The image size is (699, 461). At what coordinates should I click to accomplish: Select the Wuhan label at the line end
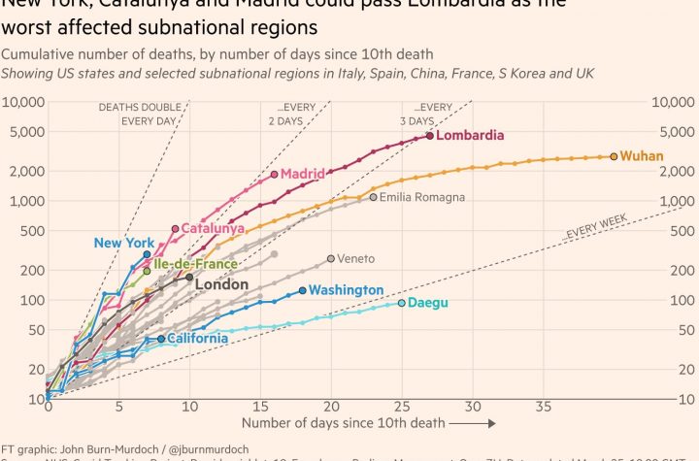click(642, 155)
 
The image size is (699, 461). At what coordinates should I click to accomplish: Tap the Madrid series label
click(302, 174)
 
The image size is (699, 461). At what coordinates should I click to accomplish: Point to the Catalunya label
click(213, 229)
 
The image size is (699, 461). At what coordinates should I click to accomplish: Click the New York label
click(124, 243)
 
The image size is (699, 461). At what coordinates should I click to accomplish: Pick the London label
click(221, 284)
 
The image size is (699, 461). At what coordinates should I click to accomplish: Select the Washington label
click(348, 290)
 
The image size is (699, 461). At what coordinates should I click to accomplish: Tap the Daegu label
click(428, 303)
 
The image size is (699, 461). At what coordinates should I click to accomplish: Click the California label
click(198, 339)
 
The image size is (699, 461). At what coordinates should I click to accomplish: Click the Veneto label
click(355, 259)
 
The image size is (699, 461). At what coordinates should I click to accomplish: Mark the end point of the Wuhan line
click(614, 156)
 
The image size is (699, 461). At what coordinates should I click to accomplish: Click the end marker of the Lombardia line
click(430, 137)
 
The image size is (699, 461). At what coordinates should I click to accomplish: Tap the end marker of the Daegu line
click(402, 303)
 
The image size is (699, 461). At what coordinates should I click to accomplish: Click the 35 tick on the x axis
click(544, 407)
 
